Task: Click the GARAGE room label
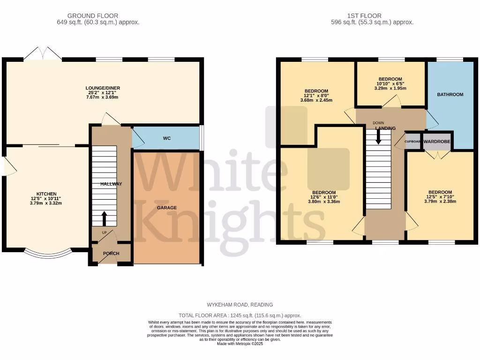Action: click(x=166, y=207)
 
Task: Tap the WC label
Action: click(x=166, y=139)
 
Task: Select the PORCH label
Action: click(x=111, y=254)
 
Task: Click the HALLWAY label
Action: click(x=111, y=184)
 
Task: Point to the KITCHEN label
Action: click(x=46, y=194)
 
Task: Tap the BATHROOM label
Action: click(x=450, y=95)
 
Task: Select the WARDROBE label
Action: click(x=437, y=141)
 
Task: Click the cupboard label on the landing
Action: click(x=412, y=141)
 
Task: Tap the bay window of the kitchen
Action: click(x=48, y=254)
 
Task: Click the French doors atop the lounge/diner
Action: click(x=43, y=53)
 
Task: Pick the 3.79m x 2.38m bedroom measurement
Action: click(x=440, y=202)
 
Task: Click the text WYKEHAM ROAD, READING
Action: click(x=240, y=305)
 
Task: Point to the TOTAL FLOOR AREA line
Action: click(x=240, y=316)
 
